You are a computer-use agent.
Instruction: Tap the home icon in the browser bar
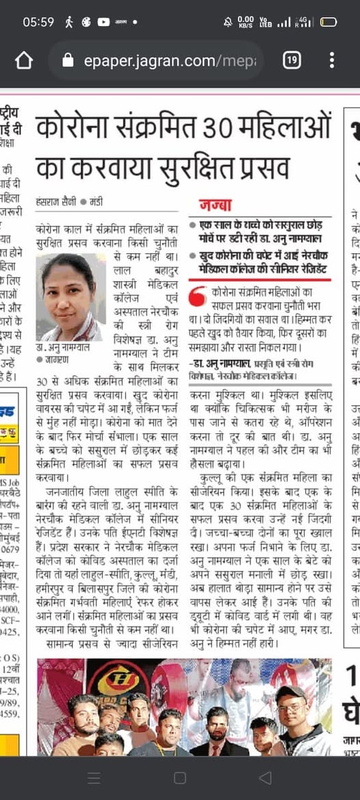pyautogui.click(x=23, y=61)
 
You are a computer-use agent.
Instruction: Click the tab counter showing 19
pyautogui.click(x=292, y=61)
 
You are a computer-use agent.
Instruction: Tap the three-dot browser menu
pyautogui.click(x=331, y=61)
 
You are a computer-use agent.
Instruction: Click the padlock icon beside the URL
pyautogui.click(x=68, y=61)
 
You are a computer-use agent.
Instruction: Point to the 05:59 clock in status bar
pyautogui.click(x=38, y=22)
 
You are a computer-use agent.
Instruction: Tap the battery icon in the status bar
pyautogui.click(x=328, y=22)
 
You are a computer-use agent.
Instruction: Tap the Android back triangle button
pyautogui.click(x=265, y=777)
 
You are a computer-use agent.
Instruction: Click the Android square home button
pyautogui.click(x=179, y=777)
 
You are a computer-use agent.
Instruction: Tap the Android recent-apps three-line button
pyautogui.click(x=94, y=777)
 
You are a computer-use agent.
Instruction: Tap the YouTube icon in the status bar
pyautogui.click(x=103, y=22)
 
